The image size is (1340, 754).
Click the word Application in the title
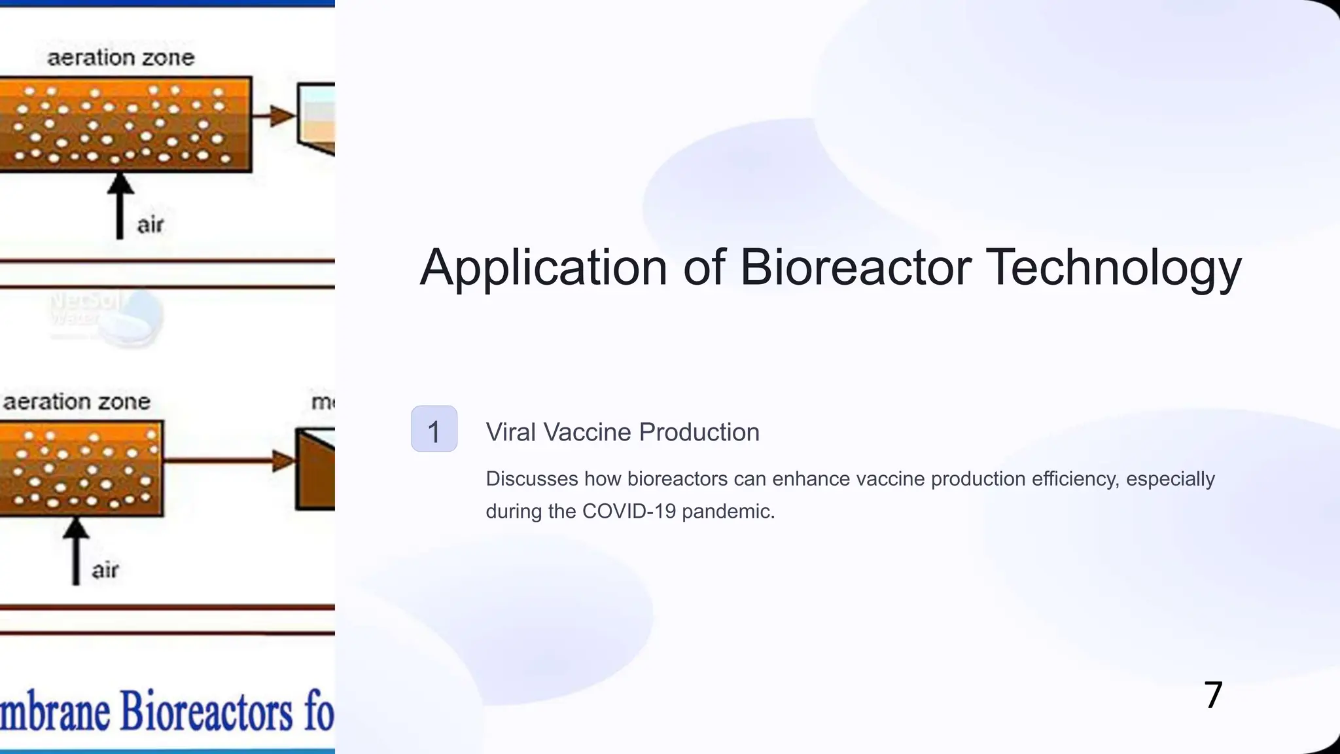543,268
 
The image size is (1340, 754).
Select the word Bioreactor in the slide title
855,268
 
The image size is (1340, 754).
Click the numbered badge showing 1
434,429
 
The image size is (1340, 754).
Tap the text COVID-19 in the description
629,511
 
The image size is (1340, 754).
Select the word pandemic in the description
728,511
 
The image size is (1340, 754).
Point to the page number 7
1213,695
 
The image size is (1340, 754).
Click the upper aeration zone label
121,58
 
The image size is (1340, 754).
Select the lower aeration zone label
77,401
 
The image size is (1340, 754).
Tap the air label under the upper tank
150,225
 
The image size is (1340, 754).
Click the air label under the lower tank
105,570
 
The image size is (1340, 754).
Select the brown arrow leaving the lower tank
229,461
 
